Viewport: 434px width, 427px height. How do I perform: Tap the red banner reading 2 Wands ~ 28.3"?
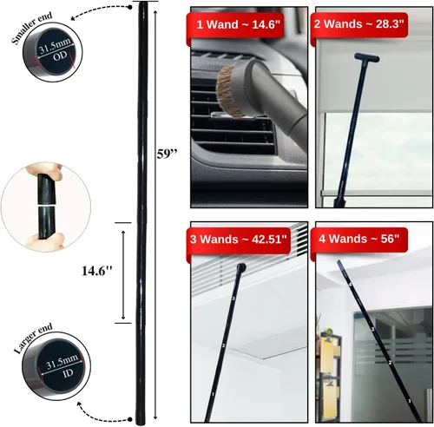[359, 25]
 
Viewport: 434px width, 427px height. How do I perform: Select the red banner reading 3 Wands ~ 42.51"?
[238, 240]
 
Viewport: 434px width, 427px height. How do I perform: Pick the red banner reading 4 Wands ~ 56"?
[359, 240]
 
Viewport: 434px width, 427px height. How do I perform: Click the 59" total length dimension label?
[167, 154]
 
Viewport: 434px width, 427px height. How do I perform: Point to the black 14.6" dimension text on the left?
[96, 271]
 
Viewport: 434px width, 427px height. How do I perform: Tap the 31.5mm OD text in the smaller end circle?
[56, 50]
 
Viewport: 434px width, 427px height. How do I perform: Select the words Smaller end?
[32, 28]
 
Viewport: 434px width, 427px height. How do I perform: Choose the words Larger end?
[33, 338]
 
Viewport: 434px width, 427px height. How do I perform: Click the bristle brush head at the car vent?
[227, 91]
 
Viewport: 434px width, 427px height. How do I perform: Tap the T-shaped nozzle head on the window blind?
[366, 57]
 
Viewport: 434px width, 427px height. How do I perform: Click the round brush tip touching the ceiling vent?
[241, 267]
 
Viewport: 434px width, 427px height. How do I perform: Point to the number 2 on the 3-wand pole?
[223, 345]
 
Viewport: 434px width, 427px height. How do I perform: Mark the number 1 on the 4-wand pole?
[410, 401]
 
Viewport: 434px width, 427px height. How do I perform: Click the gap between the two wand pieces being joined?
[45, 205]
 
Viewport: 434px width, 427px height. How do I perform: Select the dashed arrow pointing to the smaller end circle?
[100, 10]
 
